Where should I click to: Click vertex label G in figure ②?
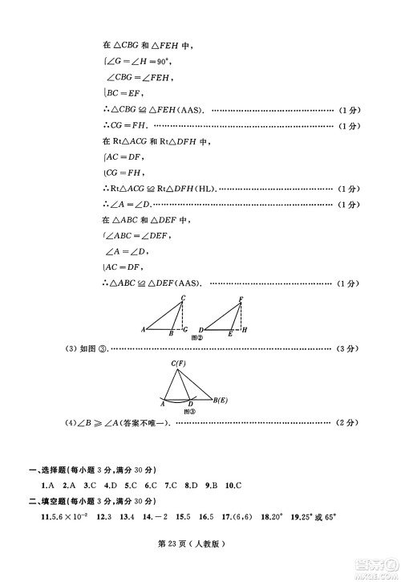pyautogui.click(x=186, y=330)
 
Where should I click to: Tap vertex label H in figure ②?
pyautogui.click(x=244, y=330)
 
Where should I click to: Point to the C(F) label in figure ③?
pyautogui.click(x=178, y=364)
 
